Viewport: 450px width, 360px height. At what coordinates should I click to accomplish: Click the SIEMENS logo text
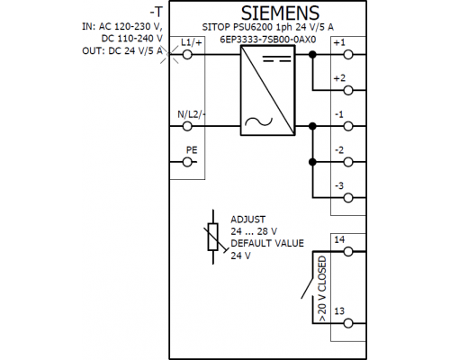tap(280, 13)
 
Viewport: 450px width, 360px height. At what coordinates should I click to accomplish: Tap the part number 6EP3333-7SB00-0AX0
tap(268, 40)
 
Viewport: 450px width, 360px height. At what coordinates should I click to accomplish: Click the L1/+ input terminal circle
tap(187, 55)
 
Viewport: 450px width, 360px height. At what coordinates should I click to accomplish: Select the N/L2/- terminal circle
tap(187, 126)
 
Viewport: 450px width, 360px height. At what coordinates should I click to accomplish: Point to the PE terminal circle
tap(187, 162)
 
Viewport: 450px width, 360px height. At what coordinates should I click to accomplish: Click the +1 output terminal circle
tap(348, 55)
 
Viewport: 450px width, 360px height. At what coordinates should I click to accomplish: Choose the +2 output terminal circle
tap(348, 90)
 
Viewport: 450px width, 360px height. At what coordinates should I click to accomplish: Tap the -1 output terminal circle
tap(348, 126)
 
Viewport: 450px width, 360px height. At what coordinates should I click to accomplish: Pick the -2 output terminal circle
tap(348, 162)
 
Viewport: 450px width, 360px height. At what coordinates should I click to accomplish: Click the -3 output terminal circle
tap(348, 198)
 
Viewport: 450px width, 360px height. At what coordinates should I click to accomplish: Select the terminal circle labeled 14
tap(348, 251)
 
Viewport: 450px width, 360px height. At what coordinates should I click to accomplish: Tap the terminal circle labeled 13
tap(348, 323)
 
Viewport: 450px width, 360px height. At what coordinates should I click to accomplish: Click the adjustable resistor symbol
tap(213, 237)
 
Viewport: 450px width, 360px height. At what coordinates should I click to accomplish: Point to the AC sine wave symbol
tap(258, 121)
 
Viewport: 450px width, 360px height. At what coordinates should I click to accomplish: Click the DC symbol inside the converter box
tap(277, 58)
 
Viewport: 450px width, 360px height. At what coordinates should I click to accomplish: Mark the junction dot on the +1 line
tap(312, 55)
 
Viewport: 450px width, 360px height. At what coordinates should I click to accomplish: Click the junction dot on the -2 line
tap(312, 162)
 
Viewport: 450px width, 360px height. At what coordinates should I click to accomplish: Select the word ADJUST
tap(247, 220)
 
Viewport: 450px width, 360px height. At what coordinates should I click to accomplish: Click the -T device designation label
tap(157, 13)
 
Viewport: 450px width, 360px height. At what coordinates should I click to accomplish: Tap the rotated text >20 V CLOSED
tap(321, 289)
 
